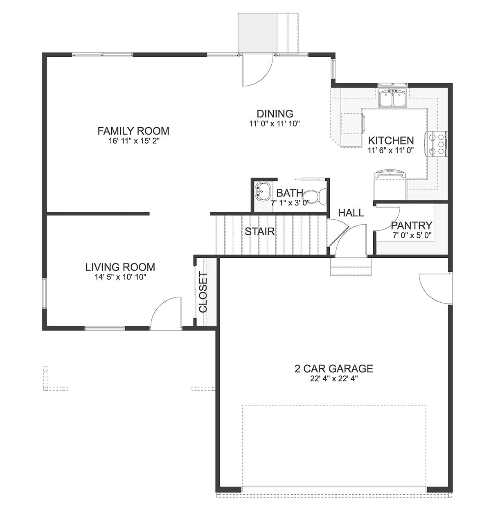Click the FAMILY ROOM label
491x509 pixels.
(133, 131)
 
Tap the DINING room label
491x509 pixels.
(275, 114)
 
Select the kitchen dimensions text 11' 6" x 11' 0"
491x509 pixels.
(391, 151)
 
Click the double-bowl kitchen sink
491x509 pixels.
(392, 98)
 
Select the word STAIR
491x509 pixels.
(259, 232)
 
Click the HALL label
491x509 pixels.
(351, 213)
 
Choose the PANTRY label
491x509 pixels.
(411, 225)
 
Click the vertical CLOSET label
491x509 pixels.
(203, 292)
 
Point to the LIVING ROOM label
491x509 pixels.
(120, 267)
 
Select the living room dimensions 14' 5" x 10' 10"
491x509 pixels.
(120, 277)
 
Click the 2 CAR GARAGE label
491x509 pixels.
(333, 369)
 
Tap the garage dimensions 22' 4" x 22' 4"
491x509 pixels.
(333, 379)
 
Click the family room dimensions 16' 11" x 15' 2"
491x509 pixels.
(134, 141)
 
